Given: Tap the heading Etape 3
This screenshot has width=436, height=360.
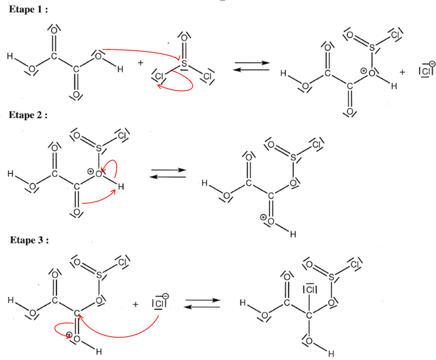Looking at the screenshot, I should coord(30,240).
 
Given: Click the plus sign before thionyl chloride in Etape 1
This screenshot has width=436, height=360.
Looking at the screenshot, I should coord(140,62).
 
